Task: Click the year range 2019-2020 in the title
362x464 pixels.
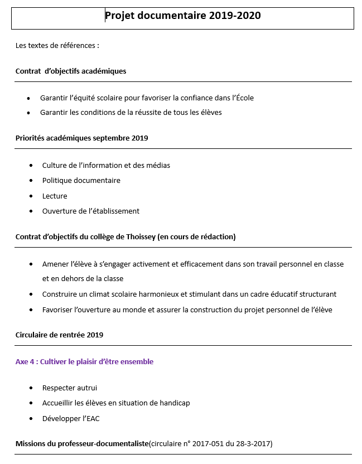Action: point(235,16)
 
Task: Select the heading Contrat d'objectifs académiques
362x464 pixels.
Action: point(71,71)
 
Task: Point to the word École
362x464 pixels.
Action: point(243,98)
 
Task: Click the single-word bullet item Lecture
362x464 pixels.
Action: point(55,196)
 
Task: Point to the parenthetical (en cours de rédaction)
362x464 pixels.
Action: point(196,237)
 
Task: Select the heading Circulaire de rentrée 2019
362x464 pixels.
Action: point(60,335)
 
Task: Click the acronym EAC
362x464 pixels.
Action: point(92,419)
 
